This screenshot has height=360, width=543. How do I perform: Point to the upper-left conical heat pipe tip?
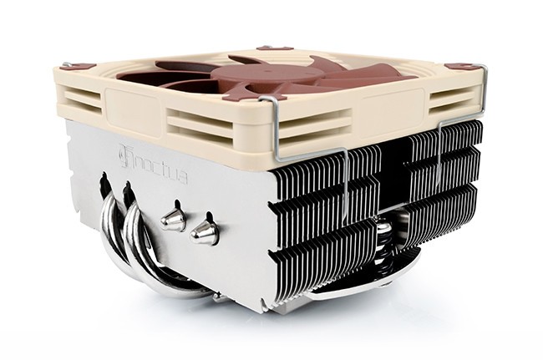(x=174, y=219)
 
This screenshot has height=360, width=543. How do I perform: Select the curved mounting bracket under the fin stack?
(x=351, y=288)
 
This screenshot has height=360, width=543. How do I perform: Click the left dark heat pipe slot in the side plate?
(x=104, y=183)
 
